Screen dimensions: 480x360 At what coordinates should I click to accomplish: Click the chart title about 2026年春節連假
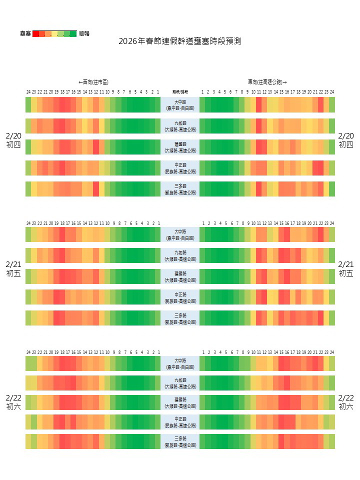[x=180, y=41]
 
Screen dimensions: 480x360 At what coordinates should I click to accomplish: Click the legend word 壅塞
[x=25, y=33]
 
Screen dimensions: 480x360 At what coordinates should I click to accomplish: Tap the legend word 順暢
[x=84, y=33]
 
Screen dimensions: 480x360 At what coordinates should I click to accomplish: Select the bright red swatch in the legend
[x=35, y=34]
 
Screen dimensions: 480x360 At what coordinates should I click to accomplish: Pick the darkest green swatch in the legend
[x=73, y=34]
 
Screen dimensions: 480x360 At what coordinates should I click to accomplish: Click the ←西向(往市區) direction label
[x=93, y=81]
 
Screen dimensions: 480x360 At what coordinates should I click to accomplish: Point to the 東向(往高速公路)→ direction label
[x=267, y=81]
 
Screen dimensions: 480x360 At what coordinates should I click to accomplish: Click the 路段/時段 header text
[x=180, y=92]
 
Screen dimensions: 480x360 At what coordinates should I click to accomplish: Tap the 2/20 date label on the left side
[x=13, y=136]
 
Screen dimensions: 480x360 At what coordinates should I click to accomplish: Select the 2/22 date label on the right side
[x=346, y=398]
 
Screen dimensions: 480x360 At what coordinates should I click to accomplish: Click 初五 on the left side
[x=13, y=273]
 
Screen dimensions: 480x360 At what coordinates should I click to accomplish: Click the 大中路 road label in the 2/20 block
[x=180, y=102]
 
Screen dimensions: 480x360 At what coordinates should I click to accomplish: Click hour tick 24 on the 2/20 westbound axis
[x=28, y=92]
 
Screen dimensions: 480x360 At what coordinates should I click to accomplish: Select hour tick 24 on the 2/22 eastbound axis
[x=332, y=352]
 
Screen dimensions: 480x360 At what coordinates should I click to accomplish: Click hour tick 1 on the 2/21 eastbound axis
[x=202, y=223]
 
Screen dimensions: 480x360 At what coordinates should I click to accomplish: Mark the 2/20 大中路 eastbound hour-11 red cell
[x=258, y=105]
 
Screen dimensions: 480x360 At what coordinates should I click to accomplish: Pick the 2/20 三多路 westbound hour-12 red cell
[x=96, y=189]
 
